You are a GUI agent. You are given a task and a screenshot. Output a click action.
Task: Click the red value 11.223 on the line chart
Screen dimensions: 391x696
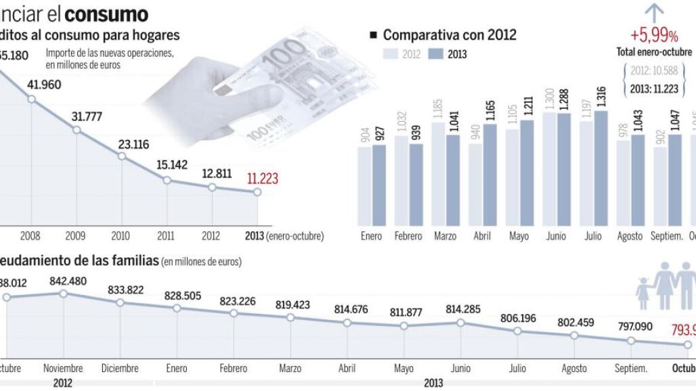[x=262, y=179]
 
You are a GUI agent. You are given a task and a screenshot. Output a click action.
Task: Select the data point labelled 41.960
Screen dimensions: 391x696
[x=30, y=99]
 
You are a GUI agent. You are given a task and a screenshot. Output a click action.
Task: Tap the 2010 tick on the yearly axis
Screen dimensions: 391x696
[x=121, y=236]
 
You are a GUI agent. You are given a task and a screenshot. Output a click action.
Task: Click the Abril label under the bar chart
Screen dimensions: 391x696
[x=483, y=236]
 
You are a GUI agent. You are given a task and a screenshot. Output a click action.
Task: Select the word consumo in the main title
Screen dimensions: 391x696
[x=106, y=13]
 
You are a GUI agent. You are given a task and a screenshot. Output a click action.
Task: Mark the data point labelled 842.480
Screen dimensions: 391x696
[x=63, y=294]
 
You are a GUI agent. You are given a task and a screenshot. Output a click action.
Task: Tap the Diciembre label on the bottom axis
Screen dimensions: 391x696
[x=120, y=369]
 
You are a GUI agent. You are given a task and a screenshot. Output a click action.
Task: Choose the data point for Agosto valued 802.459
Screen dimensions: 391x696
[x=574, y=336]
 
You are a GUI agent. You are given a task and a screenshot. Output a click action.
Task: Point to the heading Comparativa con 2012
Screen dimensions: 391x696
[x=450, y=35]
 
